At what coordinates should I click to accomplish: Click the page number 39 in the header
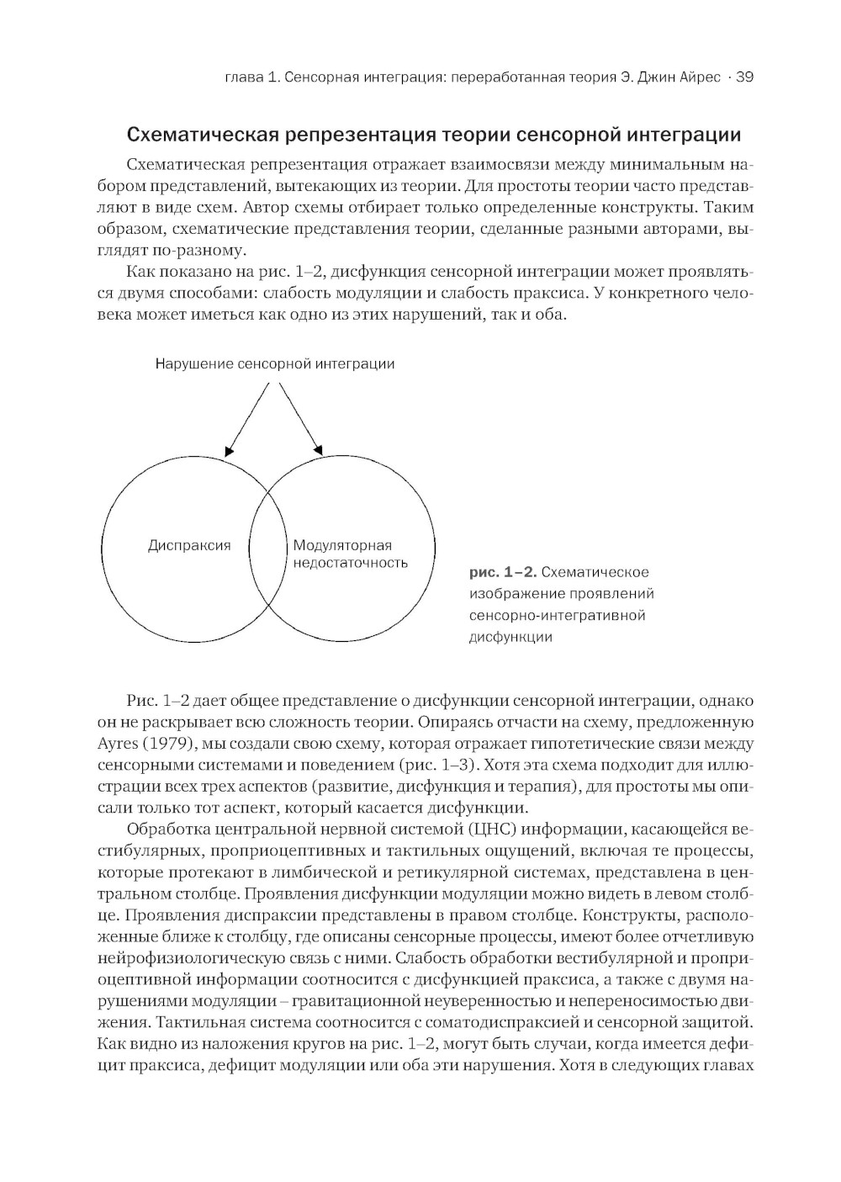pos(744,78)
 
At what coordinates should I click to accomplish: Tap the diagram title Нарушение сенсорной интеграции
pos(274,364)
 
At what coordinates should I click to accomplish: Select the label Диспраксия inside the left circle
pos(189,545)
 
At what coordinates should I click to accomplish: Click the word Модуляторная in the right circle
pos(342,545)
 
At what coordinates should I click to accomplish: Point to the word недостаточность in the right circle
pos(350,563)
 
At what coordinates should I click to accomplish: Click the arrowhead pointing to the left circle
pos(229,453)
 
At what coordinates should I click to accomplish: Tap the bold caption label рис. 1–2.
pos(502,573)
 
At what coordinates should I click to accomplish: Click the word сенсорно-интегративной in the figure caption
pos(557,616)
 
